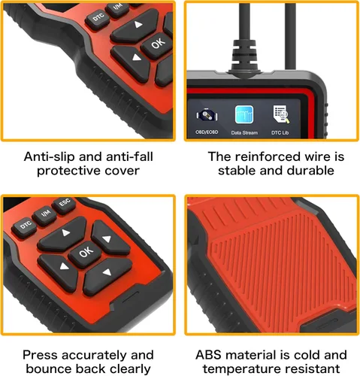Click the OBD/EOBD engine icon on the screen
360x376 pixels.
coord(207,116)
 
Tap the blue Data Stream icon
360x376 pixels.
coord(244,114)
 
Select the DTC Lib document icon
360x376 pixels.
coord(280,114)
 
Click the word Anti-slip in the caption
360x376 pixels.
coord(50,156)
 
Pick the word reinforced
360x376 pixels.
coord(268,156)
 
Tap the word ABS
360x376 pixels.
coord(208,355)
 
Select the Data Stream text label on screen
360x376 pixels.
coord(244,132)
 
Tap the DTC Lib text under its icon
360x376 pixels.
coord(280,132)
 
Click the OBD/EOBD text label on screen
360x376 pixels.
coord(207,132)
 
